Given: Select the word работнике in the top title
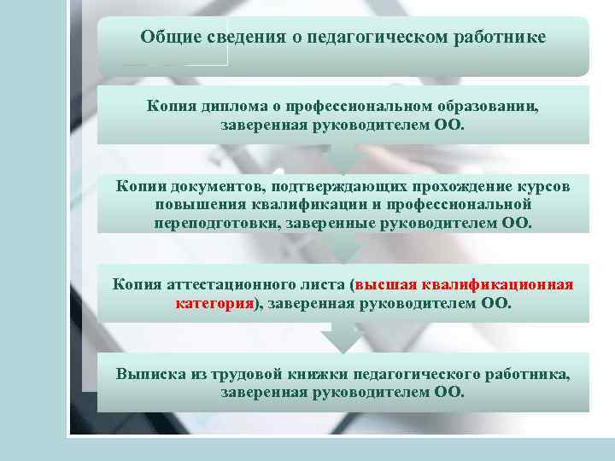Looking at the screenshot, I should click(495, 38).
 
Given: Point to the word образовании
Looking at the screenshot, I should click(484, 107).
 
